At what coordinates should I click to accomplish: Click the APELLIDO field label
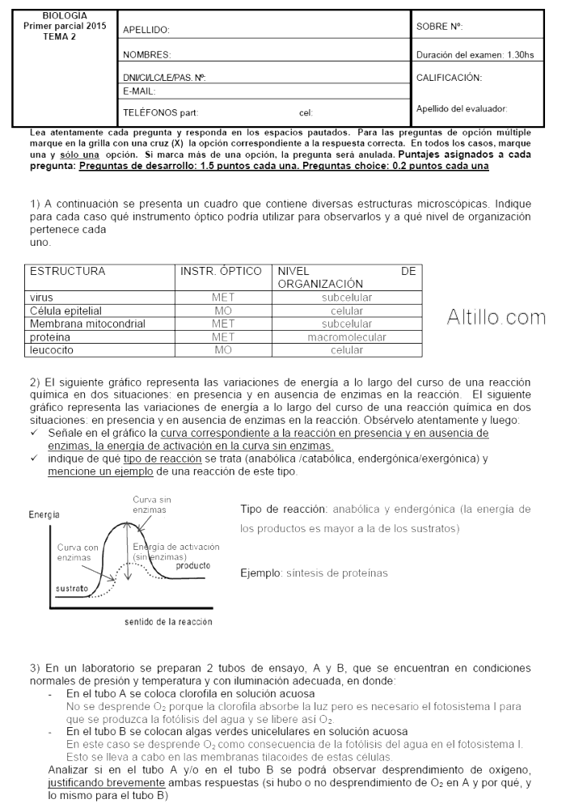[146, 30]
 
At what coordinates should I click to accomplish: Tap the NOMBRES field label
[146, 55]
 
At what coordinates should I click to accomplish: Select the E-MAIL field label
[138, 91]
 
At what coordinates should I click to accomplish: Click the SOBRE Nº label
[439, 27]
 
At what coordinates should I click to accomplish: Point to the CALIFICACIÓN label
[449, 78]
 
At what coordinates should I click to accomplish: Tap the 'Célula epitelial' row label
[65, 311]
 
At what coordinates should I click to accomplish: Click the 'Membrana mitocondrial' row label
[87, 324]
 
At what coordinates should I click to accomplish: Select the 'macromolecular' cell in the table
[347, 336]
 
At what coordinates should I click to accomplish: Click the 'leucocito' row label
[50, 349]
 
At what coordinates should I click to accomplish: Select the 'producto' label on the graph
[193, 565]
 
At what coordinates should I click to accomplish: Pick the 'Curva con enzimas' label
[78, 552]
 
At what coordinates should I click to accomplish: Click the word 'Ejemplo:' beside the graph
[260, 573]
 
